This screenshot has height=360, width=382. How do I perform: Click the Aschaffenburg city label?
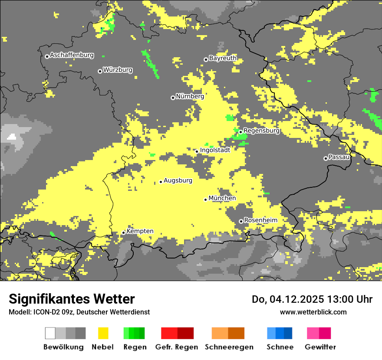point(72,55)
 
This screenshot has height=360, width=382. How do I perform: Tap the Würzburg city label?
point(118,70)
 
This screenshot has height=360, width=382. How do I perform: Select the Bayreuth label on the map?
point(223,58)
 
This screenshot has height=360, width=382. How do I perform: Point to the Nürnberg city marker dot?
point(173,98)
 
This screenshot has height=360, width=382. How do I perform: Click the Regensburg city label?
point(262,130)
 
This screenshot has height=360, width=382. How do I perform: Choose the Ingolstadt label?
point(215,150)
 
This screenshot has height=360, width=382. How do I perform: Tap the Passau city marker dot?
point(326,158)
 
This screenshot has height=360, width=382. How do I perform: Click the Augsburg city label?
point(178,180)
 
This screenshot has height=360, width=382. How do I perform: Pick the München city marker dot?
point(206,200)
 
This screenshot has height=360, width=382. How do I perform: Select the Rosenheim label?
point(260,220)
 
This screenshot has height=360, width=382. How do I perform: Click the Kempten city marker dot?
point(124,232)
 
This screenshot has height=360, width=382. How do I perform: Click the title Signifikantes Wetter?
point(72,299)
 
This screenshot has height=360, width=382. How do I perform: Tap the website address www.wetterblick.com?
point(313,312)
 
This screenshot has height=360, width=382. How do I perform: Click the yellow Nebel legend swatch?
point(103,333)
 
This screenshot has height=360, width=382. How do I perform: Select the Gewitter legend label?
point(320,347)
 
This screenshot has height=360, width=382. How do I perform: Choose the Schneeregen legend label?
point(229,347)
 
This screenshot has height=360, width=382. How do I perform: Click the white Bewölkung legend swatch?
point(50,333)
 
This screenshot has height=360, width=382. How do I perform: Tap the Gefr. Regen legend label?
point(176,347)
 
